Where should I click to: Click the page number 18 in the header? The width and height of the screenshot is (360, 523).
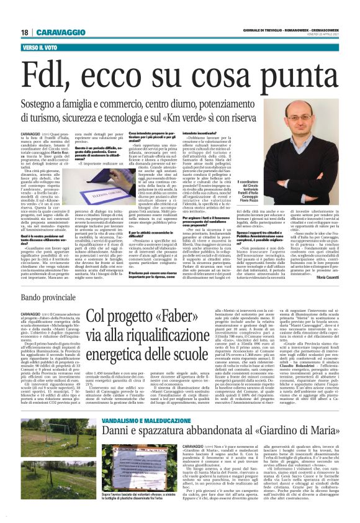click(24, 32)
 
